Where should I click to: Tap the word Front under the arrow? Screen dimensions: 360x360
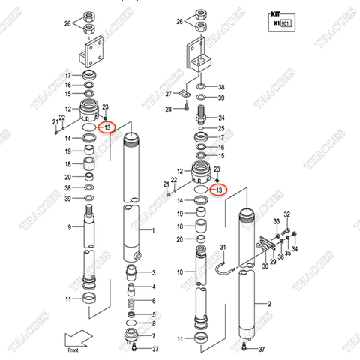pyautogui.click(x=72, y=350)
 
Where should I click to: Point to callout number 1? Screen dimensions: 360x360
pyautogui.click(x=153, y=231)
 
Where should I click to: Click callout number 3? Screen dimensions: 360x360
pyautogui.click(x=154, y=272)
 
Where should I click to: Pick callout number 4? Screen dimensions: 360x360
pyautogui.click(x=154, y=286)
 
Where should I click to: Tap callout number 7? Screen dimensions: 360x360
pyautogui.click(x=154, y=336)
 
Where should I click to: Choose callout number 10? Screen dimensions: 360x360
pyautogui.click(x=179, y=271)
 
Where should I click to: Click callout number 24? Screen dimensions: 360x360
pyautogui.click(x=221, y=118)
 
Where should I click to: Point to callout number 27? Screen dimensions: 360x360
pyautogui.click(x=170, y=94)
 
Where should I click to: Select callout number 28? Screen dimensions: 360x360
pyautogui.click(x=170, y=109)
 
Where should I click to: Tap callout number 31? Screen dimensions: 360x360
pyautogui.click(x=222, y=248)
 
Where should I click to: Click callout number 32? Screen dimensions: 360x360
pyautogui.click(x=286, y=214)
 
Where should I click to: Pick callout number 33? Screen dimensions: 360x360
pyautogui.click(x=275, y=222)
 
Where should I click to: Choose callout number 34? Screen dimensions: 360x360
pyautogui.click(x=294, y=249)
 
